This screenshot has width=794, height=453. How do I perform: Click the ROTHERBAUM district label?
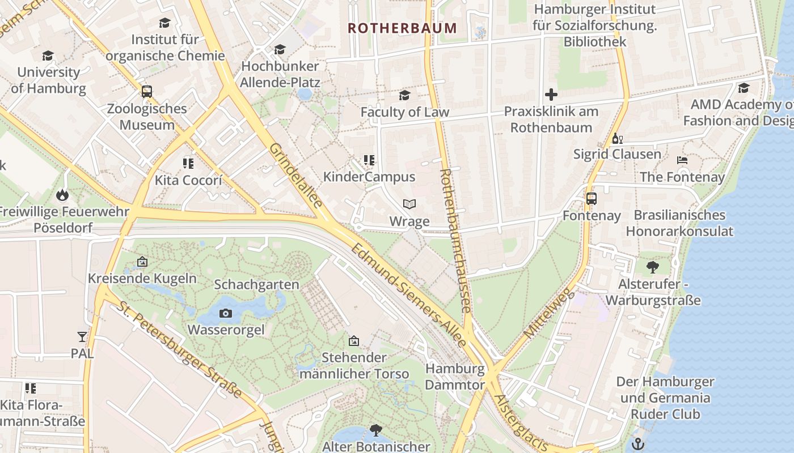click(x=402, y=28)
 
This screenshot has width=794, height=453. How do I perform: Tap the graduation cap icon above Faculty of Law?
click(x=404, y=95)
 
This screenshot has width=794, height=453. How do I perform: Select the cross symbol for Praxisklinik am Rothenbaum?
click(x=551, y=95)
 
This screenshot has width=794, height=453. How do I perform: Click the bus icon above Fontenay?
click(x=592, y=199)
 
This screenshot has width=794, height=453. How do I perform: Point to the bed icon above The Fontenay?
click(x=682, y=161)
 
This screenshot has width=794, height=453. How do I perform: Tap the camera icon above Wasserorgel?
click(x=226, y=313)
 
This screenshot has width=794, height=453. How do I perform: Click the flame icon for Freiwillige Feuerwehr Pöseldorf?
click(x=61, y=195)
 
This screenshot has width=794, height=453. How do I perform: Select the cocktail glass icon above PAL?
click(x=82, y=337)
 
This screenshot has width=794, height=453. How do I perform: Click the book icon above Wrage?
click(x=409, y=204)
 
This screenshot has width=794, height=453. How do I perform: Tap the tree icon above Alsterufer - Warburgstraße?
click(x=652, y=267)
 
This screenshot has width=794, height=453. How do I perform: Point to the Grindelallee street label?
click(x=296, y=176)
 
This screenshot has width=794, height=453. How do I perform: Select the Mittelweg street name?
click(x=550, y=315)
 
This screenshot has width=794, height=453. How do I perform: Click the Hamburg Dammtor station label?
click(x=455, y=377)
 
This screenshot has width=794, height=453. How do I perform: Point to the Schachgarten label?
click(x=256, y=284)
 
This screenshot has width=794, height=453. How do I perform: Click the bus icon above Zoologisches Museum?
click(x=147, y=91)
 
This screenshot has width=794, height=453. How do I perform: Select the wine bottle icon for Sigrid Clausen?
click(x=617, y=138)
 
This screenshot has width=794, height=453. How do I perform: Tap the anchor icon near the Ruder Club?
click(x=639, y=443)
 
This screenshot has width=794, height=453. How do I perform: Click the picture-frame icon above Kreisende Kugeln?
click(x=142, y=262)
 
